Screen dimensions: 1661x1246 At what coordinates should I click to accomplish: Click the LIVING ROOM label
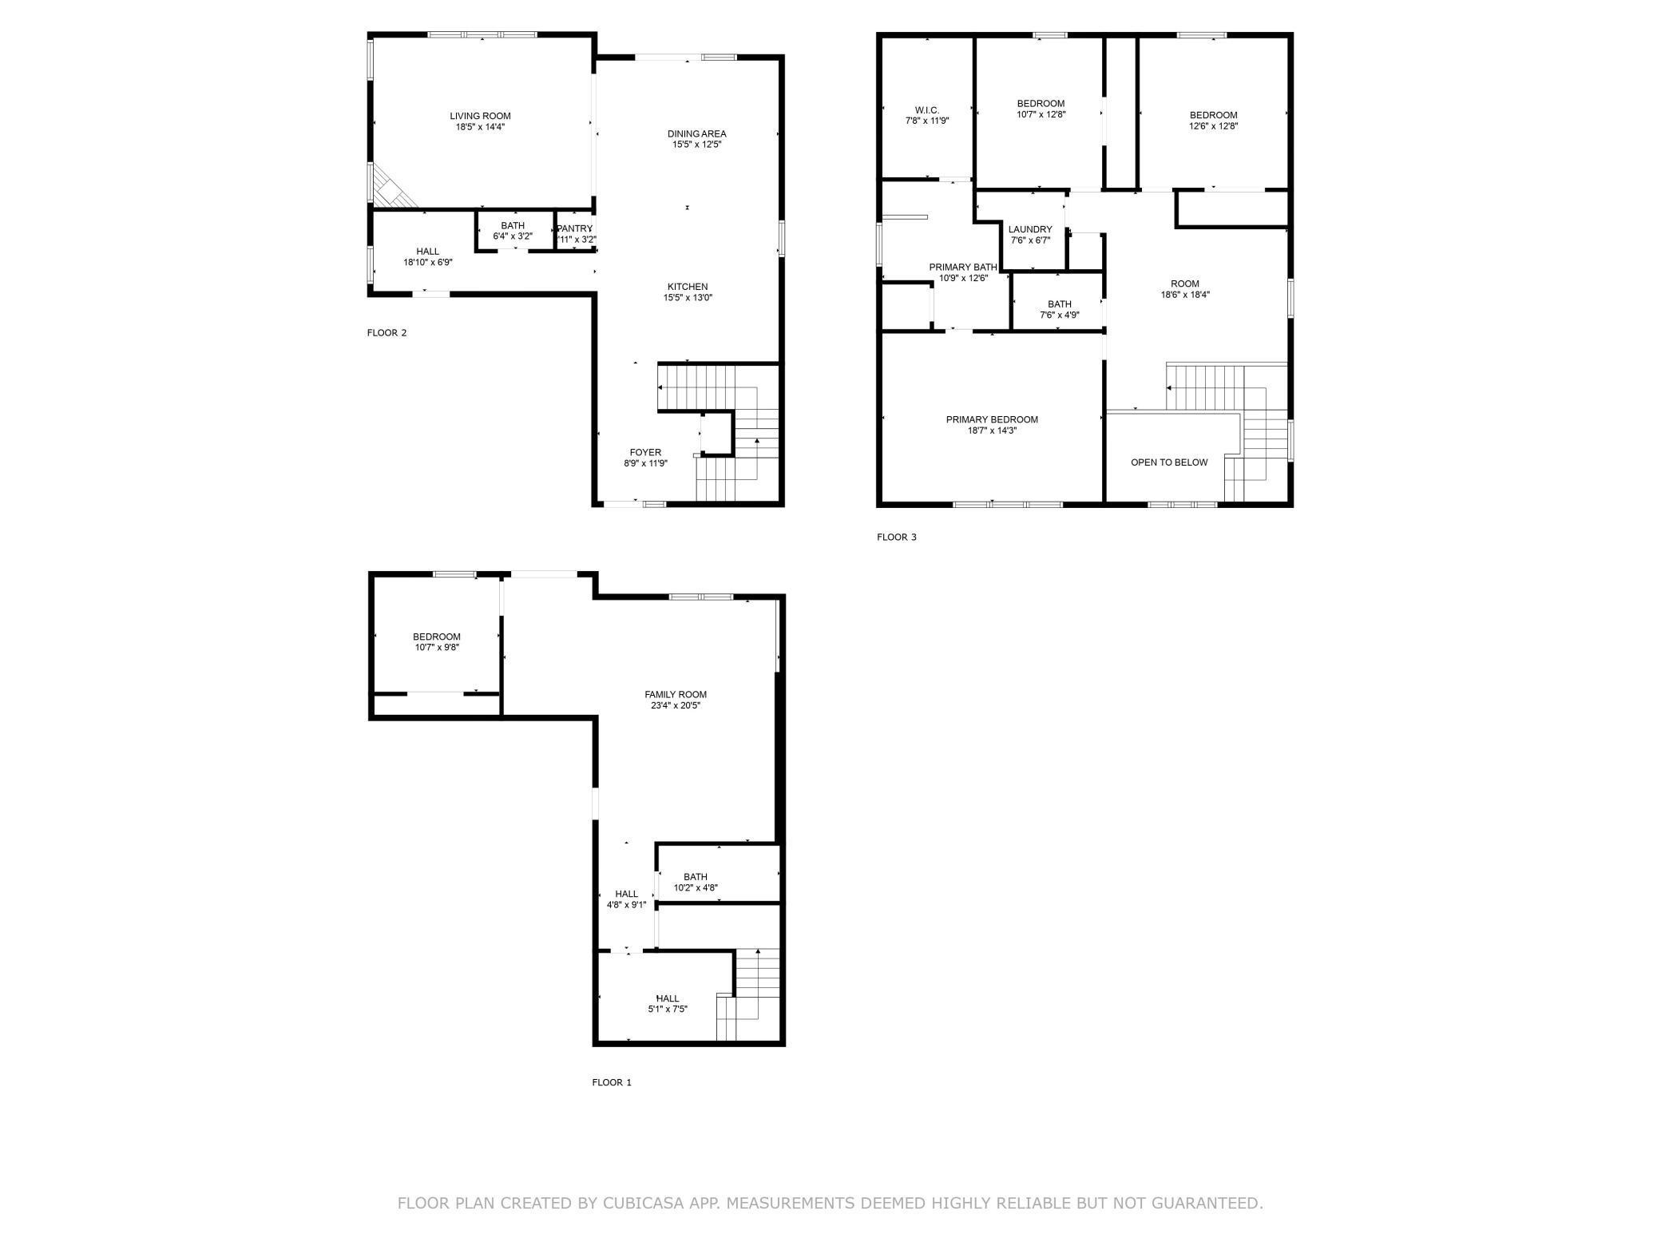[x=480, y=116]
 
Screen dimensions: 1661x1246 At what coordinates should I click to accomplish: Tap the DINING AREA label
[x=697, y=133]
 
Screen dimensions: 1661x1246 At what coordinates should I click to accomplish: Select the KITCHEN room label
[x=688, y=287]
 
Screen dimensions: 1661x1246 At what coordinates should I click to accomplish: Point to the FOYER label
[x=645, y=452]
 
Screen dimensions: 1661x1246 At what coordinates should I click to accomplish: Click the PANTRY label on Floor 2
[x=575, y=228]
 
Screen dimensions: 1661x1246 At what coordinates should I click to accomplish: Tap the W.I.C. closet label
[x=927, y=110]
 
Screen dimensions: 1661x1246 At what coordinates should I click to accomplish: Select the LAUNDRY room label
[x=1030, y=229]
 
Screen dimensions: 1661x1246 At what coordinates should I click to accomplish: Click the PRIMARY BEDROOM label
[x=992, y=419]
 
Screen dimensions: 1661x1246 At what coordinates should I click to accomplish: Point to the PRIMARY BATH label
[x=963, y=267]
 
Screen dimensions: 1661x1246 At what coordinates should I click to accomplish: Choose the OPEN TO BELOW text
[x=1169, y=462]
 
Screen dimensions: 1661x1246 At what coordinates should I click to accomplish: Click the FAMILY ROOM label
[x=676, y=695]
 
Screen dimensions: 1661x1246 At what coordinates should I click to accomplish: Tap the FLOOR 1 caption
[x=612, y=1082]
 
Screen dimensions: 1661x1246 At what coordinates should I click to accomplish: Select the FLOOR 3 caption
[x=897, y=537]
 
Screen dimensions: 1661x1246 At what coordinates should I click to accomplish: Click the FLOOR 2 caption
[x=387, y=332]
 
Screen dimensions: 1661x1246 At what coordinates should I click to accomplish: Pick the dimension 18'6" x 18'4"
[x=1185, y=295]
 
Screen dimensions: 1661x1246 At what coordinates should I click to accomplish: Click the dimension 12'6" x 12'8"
[x=1214, y=126]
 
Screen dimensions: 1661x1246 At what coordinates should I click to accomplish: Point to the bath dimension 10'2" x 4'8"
[x=696, y=887]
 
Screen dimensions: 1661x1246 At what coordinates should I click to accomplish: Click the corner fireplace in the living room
[x=391, y=188]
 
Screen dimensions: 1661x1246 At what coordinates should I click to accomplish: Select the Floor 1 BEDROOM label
[x=437, y=637]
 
